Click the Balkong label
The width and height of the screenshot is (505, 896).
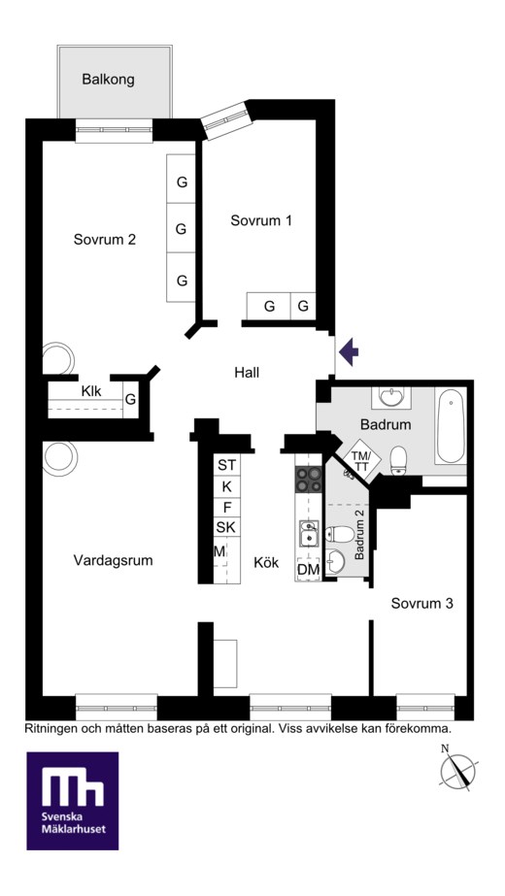click(108, 80)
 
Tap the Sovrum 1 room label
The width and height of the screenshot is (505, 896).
click(261, 220)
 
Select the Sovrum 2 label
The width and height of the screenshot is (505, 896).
click(105, 240)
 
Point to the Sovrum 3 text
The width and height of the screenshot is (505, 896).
click(422, 603)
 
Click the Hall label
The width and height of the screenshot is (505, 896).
click(247, 373)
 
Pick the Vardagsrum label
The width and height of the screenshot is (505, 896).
click(114, 560)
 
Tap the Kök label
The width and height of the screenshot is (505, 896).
click(266, 563)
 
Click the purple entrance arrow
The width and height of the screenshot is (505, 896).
click(349, 351)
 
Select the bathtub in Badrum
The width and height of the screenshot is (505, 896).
click(450, 426)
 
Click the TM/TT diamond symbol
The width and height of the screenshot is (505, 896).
click(361, 458)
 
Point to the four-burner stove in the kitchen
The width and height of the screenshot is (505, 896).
click(308, 479)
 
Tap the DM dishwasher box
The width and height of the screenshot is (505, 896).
click(308, 570)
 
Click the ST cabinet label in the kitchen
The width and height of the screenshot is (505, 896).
click(226, 465)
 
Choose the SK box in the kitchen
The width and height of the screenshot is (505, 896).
click(226, 527)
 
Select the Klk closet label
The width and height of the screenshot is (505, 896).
click(91, 392)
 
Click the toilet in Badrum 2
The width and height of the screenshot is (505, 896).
click(339, 535)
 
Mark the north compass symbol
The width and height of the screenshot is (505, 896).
click(457, 769)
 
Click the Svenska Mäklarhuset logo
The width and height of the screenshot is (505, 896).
click(73, 800)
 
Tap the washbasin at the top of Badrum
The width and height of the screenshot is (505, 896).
click(390, 396)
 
